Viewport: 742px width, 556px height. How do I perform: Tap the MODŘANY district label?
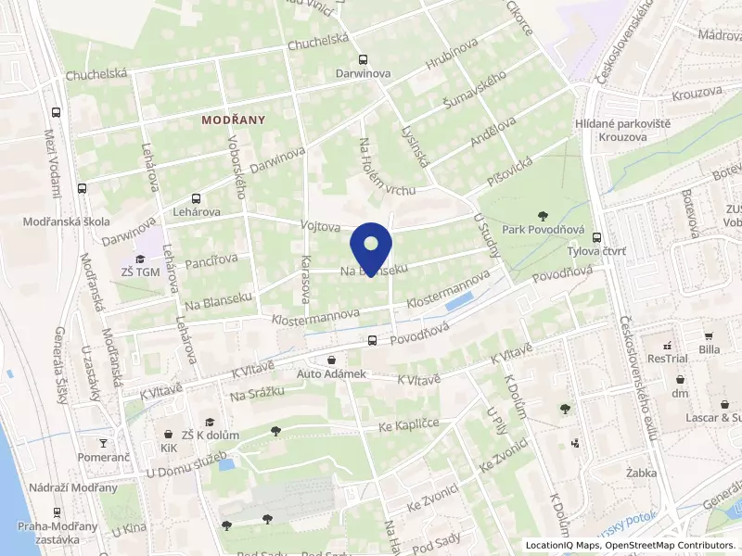click(x=234, y=120)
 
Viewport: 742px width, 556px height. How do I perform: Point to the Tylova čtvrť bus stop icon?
click(x=596, y=237)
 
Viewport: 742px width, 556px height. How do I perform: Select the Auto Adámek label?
click(x=332, y=373)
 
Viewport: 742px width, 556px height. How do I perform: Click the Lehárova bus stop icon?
click(x=195, y=198)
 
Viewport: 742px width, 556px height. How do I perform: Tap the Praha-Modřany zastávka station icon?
click(x=57, y=512)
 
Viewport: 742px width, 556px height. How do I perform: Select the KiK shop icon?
click(x=168, y=434)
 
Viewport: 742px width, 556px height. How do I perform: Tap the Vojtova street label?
click(x=321, y=225)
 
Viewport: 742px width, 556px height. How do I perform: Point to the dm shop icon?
click(x=682, y=379)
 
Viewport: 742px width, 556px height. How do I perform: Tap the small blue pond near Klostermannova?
click(x=457, y=302)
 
